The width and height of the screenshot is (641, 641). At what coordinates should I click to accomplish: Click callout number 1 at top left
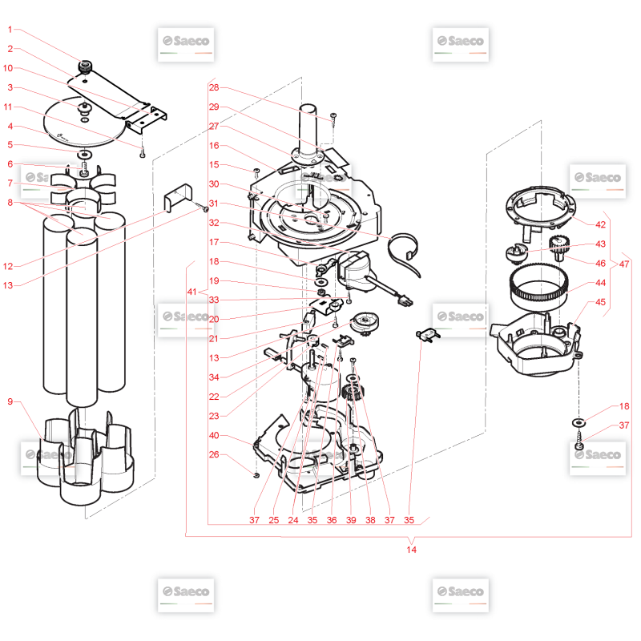(x=10, y=30)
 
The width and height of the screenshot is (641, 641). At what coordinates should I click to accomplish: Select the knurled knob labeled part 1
(x=85, y=67)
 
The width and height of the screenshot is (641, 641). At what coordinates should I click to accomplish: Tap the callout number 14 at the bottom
(x=411, y=550)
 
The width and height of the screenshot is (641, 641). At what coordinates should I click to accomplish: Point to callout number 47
(x=624, y=264)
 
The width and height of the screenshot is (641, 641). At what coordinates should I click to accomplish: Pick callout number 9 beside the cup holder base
(x=10, y=401)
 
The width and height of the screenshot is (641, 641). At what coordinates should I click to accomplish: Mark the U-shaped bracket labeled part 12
(x=178, y=197)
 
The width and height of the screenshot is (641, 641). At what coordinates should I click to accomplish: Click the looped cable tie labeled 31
(x=404, y=253)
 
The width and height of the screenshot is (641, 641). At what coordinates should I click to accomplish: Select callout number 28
(x=214, y=87)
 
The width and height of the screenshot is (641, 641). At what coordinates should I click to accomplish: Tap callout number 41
(x=192, y=292)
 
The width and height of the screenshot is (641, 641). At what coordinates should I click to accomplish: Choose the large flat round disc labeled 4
(x=84, y=122)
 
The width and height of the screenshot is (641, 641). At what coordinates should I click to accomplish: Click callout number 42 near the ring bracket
(x=600, y=224)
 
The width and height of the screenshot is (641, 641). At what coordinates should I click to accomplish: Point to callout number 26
(x=214, y=454)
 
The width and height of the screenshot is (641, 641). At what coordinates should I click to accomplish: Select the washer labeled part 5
(x=86, y=155)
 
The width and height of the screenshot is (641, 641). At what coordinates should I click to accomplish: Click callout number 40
(x=214, y=435)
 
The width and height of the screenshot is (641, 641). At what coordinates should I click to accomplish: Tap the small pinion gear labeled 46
(x=557, y=248)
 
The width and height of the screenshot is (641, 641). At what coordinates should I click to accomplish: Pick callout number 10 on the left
(x=8, y=68)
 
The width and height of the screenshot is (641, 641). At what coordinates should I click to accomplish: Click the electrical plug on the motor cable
(x=406, y=302)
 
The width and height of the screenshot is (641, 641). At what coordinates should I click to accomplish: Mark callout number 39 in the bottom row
(x=351, y=520)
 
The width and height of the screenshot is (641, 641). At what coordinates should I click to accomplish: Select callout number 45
(x=600, y=302)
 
